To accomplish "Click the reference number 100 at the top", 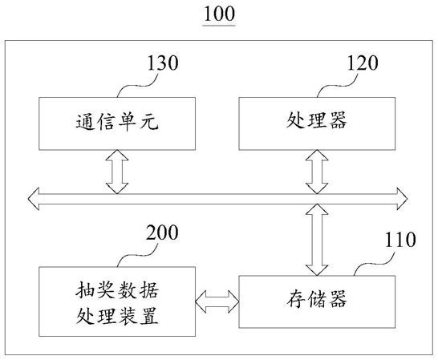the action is (x=219, y=14).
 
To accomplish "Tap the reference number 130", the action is (x=163, y=63).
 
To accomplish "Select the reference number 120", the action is (x=363, y=63).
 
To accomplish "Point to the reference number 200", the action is (x=162, y=233).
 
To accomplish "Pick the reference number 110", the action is (x=400, y=240).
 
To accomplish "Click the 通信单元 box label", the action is (x=117, y=123).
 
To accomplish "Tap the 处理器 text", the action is (x=317, y=120).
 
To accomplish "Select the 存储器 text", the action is (x=317, y=299).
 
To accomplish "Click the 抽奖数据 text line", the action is (x=117, y=290).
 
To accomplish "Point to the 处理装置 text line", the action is (x=117, y=316).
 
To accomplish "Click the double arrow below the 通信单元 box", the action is (x=117, y=172).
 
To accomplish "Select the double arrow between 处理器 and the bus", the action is (x=317, y=172).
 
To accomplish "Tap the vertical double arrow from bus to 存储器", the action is (x=317, y=240).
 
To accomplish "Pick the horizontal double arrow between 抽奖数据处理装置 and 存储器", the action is (x=217, y=301).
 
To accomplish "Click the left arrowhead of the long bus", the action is (x=34, y=199).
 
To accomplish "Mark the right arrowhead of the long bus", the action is (x=402, y=199).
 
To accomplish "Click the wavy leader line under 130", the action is (x=137, y=86).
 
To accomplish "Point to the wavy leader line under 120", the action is (x=338, y=86).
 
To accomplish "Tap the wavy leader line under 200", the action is (x=137, y=255).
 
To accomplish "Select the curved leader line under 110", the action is (x=375, y=263).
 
